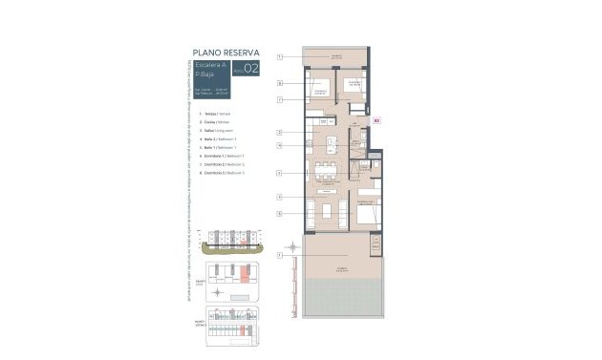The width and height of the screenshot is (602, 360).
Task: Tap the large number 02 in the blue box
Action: [251, 68]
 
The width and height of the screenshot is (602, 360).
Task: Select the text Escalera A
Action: [202, 64]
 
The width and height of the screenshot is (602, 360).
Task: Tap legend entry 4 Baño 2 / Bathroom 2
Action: [205, 139]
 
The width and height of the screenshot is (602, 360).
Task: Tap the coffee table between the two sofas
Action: [330, 210]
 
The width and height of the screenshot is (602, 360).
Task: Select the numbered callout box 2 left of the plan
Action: [280, 132]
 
